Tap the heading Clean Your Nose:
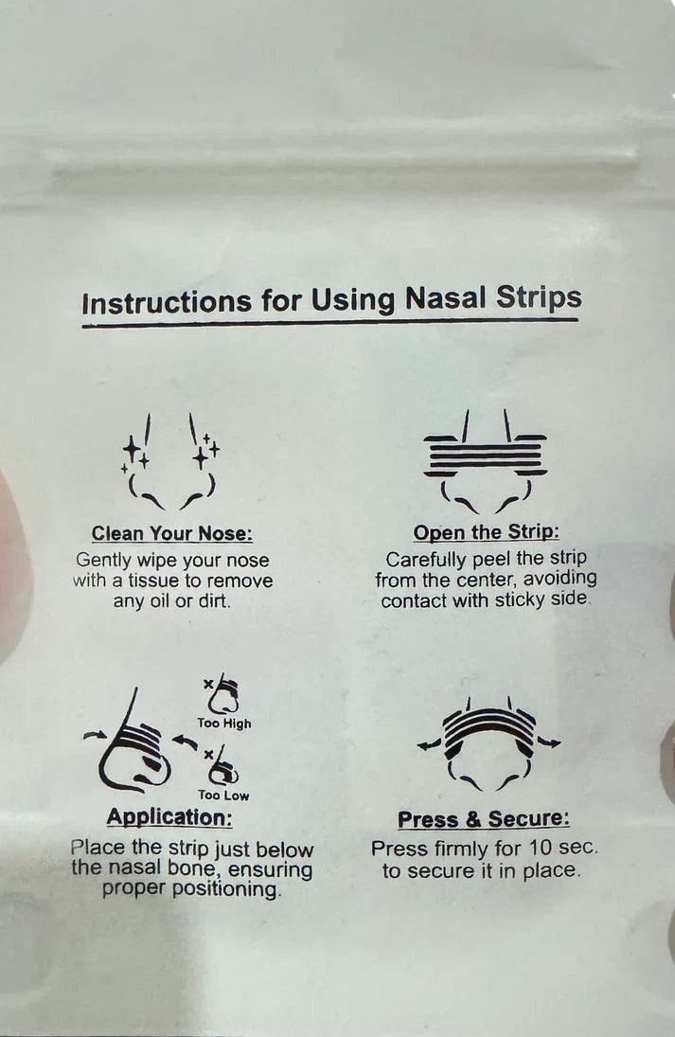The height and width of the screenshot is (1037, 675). pos(171,534)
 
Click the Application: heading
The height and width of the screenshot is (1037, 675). pos(169,817)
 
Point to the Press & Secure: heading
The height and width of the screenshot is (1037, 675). pos(484,819)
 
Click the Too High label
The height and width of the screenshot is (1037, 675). pos(224,724)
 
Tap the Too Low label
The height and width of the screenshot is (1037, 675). pos(223,796)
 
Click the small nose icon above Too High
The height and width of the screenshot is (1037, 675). pos(224,695)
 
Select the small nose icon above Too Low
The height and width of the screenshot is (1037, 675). pos(224,766)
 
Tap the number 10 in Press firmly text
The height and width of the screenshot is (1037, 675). pos(543,849)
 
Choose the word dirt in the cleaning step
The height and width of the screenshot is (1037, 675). pos(214,600)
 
